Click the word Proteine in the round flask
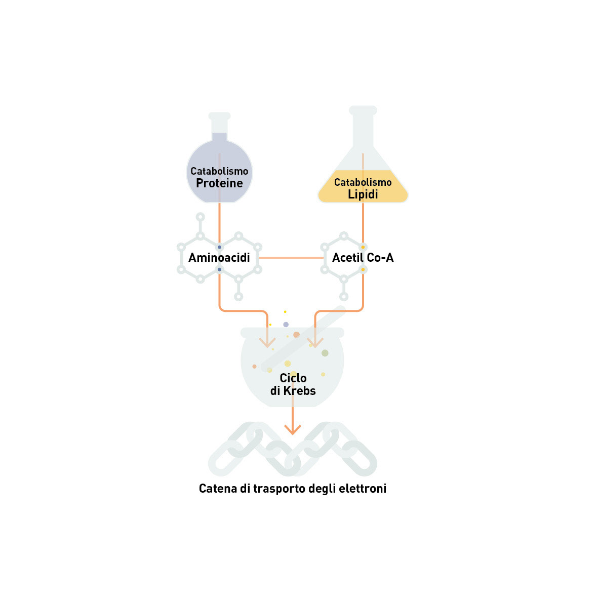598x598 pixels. coord(219,183)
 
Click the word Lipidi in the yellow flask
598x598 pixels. coord(363,194)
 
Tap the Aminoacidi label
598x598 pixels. coord(219,258)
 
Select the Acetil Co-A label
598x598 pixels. coord(363,258)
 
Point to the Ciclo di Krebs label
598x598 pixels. coord(293,384)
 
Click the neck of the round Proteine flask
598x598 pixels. coord(219,127)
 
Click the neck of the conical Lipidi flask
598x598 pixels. coord(363,129)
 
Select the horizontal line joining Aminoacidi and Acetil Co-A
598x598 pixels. coord(291,258)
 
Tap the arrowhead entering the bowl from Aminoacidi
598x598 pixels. coord(267,342)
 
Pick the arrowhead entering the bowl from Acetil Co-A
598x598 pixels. coord(315,342)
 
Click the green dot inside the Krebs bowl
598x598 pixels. coord(325,353)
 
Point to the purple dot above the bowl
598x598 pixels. coord(286,325)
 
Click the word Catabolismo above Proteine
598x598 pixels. coord(219,171)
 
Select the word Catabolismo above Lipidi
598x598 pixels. coord(363,182)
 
